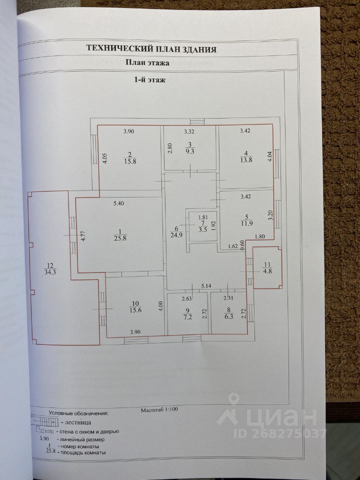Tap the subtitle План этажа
pos(146,63)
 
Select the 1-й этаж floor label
pos(148,79)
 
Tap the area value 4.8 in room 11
pos(267,271)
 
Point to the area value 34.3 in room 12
pos(49,272)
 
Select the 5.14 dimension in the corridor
pos(206,286)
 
